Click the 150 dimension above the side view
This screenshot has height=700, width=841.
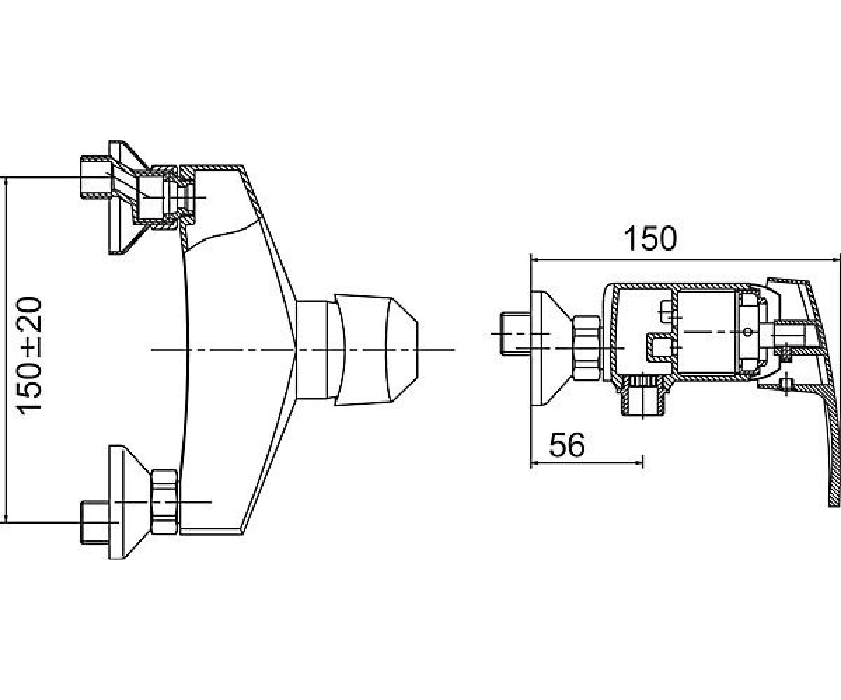pyautogui.click(x=650, y=239)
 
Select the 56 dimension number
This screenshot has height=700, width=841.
pyautogui.click(x=567, y=445)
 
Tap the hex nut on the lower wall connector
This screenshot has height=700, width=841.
pyautogui.click(x=164, y=502)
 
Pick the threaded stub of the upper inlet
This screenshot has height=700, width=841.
pyautogui.click(x=95, y=178)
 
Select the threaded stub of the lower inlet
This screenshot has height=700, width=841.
pyautogui.click(x=95, y=522)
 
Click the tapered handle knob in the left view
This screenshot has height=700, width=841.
pyautogui.click(x=376, y=350)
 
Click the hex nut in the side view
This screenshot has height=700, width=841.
pyautogui.click(x=587, y=349)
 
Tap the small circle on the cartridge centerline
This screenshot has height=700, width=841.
pyautogui.click(x=748, y=332)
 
